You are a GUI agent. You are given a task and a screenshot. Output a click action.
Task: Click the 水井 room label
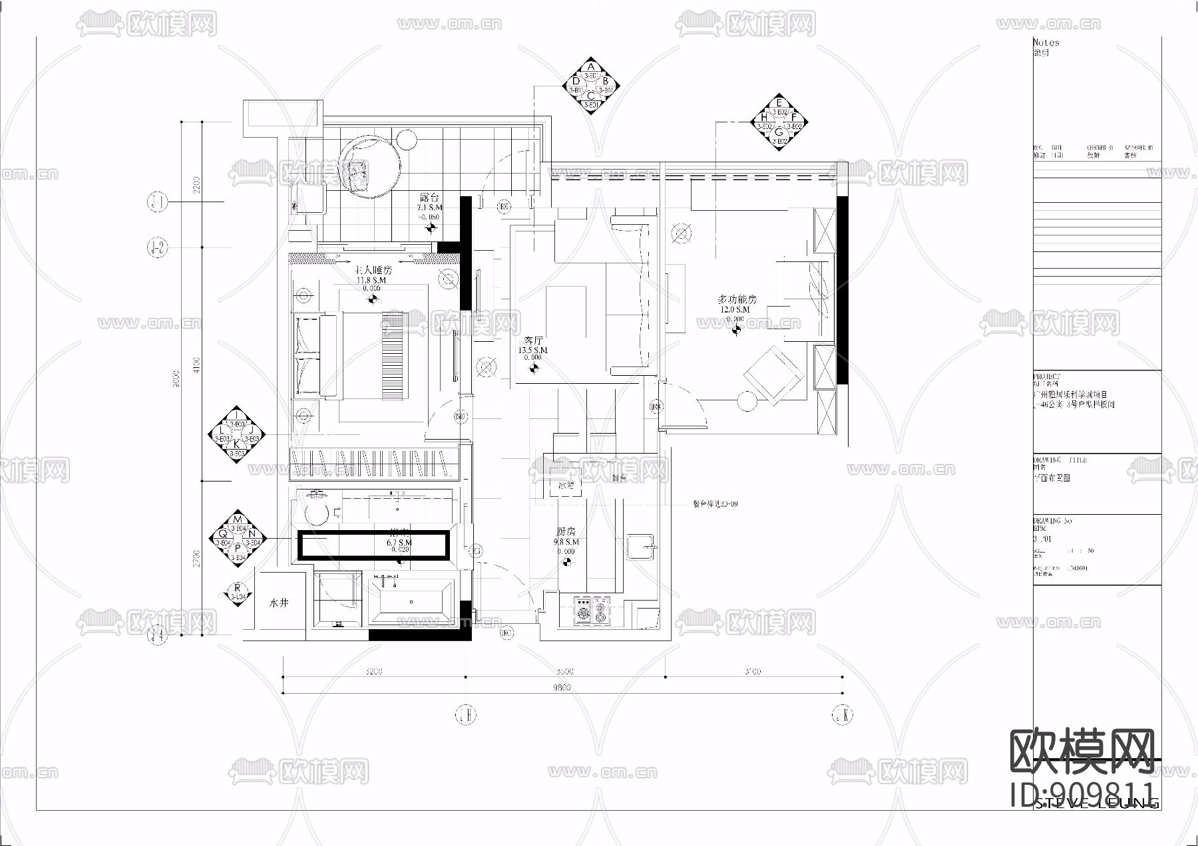[x=279, y=603]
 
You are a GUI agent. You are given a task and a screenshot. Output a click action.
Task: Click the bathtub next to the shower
[x=411, y=603]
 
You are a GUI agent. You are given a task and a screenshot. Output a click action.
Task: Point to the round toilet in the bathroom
[x=316, y=513]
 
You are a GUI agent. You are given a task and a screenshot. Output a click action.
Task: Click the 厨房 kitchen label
[x=566, y=532]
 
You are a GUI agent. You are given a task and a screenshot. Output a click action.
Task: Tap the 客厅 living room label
[x=533, y=340]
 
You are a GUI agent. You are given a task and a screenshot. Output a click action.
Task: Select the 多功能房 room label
[x=736, y=300]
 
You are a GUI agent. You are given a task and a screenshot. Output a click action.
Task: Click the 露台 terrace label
[x=429, y=198]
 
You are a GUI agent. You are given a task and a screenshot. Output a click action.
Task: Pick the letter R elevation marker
[x=237, y=588]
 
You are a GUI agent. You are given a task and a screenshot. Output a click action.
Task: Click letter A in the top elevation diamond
[x=591, y=67]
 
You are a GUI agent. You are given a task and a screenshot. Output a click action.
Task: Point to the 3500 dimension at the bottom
[x=565, y=671]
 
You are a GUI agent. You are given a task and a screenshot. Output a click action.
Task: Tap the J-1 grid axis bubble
[x=157, y=202]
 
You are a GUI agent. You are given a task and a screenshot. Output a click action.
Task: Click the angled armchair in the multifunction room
[x=773, y=374]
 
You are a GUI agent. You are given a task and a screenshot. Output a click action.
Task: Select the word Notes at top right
[x=1046, y=43]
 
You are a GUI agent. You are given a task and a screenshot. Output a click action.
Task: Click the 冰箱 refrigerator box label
[x=566, y=486]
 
